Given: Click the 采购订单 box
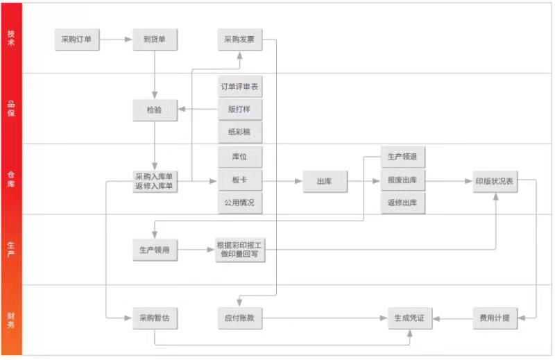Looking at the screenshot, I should tap(77, 40).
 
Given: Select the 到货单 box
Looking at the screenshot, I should tap(155, 40).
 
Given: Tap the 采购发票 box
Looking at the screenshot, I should tap(239, 40).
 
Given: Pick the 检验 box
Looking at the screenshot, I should tap(155, 110).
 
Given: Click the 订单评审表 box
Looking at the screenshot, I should tap(240, 87).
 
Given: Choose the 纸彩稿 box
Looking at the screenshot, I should tap(240, 132).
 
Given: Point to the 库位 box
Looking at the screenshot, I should tap(240, 157).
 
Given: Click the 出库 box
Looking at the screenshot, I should tap(324, 181).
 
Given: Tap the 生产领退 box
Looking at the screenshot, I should tap(402, 157).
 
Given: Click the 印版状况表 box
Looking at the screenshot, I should tap(494, 181).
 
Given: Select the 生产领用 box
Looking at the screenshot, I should tap(155, 250).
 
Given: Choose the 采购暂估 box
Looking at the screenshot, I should tap(155, 318).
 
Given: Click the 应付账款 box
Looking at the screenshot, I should tap(240, 318).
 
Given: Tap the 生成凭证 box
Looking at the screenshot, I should tap(409, 318).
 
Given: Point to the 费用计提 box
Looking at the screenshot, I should tap(494, 318).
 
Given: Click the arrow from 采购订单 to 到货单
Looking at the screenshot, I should tap(116, 40).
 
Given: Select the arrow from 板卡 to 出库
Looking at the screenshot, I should tap(283, 181).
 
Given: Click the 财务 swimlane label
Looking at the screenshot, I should tap(11, 319).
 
